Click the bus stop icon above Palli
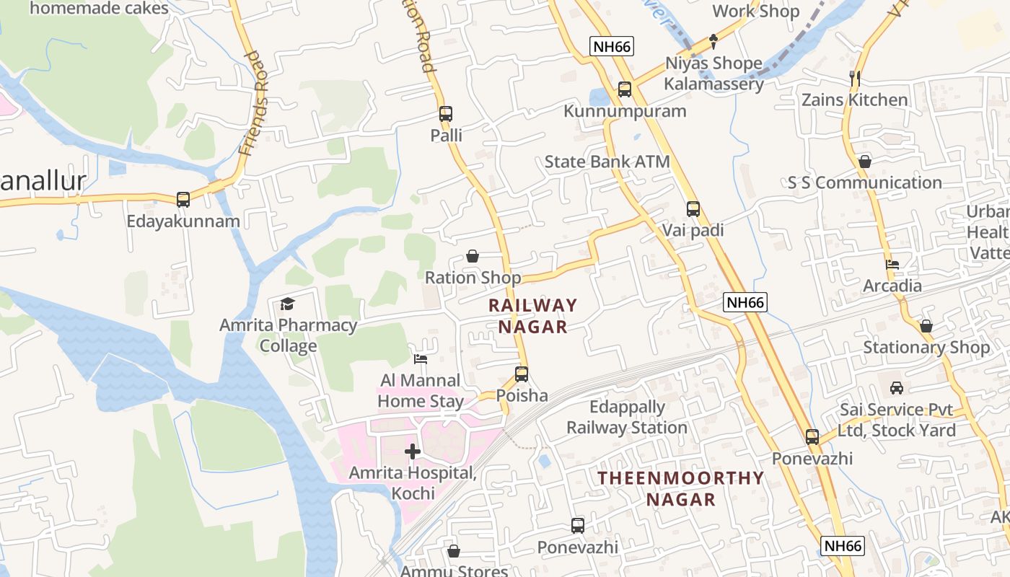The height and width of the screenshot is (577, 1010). (445, 113)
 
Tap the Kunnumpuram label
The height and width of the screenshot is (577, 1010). (625, 111)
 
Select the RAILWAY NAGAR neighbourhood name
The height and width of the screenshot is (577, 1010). (533, 316)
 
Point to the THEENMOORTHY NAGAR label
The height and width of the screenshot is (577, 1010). (680, 488)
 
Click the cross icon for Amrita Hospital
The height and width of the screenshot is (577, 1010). (413, 452)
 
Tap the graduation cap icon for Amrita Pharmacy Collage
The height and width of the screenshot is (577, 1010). (288, 304)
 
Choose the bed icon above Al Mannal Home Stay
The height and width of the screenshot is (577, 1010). (421, 359)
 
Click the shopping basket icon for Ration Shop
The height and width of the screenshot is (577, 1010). (473, 256)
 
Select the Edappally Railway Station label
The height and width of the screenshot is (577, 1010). (626, 417)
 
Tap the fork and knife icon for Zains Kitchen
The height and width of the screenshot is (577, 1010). (855, 78)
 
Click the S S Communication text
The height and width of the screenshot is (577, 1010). (864, 182)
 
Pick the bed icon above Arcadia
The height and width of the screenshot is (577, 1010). (892, 265)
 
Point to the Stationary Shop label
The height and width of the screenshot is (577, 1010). (926, 347)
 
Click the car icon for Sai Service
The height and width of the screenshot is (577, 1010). (896, 388)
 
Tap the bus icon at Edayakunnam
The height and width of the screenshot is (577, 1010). (183, 199)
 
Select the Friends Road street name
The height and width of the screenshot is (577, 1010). (254, 103)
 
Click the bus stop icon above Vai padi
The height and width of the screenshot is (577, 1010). (693, 209)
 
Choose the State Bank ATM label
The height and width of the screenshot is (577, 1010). (607, 162)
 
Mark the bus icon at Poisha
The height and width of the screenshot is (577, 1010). (522, 374)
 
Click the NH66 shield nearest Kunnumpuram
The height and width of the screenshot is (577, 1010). (611, 47)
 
